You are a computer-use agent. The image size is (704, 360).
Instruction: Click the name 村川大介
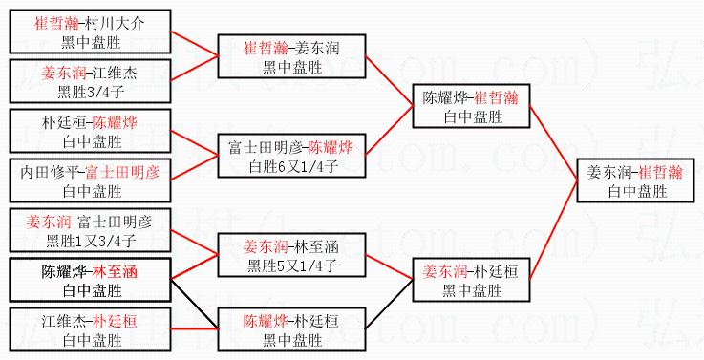[115, 23]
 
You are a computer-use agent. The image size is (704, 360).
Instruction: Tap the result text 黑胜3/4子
[90, 92]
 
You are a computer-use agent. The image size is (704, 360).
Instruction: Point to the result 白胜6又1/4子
[293, 167]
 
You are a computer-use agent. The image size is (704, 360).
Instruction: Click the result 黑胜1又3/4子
[90, 241]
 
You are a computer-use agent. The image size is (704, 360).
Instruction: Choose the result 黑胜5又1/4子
[292, 266]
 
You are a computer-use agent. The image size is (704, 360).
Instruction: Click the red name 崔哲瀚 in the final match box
[660, 173]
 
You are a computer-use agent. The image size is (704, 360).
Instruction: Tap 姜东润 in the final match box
[608, 173]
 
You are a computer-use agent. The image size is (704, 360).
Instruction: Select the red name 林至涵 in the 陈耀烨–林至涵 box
[115, 271]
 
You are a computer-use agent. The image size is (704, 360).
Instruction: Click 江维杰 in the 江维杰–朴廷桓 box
[63, 322]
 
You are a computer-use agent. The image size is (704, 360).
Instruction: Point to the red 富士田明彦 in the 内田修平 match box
[122, 173]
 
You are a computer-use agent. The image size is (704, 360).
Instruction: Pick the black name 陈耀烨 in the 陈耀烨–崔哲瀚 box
[444, 97]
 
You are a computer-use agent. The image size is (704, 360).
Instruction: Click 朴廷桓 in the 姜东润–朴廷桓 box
[496, 271]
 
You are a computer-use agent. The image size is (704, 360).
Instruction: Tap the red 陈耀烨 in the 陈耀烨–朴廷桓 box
[266, 322]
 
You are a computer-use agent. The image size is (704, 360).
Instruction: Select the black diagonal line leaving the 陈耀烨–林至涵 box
[195, 304]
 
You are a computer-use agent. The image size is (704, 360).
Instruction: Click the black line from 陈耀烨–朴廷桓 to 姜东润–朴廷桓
[390, 304]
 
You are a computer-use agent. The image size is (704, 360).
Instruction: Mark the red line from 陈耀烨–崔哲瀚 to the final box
[554, 142]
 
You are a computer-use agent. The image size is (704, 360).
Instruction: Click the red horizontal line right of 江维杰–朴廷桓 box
[195, 329]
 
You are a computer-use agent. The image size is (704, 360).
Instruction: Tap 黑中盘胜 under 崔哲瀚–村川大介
[92, 42]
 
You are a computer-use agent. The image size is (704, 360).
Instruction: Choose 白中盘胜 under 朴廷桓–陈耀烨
[92, 142]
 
